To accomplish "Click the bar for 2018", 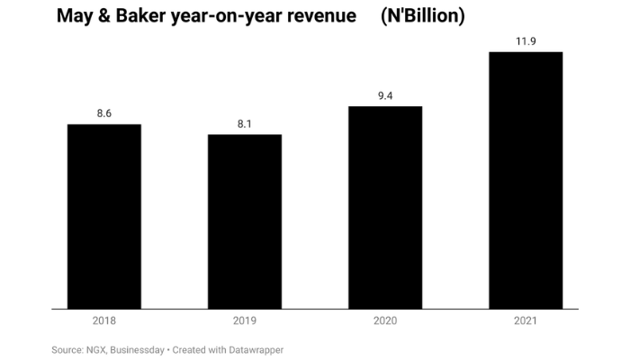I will tap(104, 217).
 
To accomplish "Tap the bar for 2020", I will tap(385, 208).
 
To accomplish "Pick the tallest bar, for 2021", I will tap(526, 181).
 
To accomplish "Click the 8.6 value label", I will tap(104, 113).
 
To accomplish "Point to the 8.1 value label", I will tap(245, 123).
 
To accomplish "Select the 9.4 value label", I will tap(385, 95).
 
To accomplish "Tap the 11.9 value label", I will tap(526, 40).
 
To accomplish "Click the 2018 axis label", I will tap(104, 320).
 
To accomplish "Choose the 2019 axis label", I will tap(245, 320).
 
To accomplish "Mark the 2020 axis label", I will tap(385, 320).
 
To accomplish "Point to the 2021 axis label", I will tap(526, 320).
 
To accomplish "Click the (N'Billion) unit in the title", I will tap(423, 17).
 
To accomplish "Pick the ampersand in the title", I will tap(105, 17).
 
